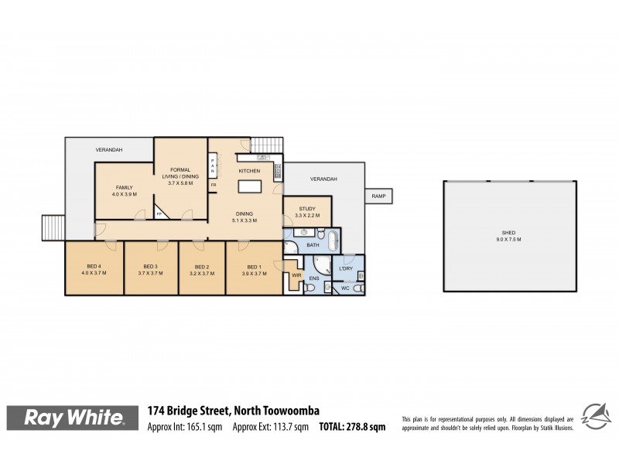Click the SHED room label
pos(508,234)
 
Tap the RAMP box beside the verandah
pos(378,196)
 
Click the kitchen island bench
pos(249,186)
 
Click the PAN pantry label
pos(213,165)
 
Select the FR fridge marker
pos(213,186)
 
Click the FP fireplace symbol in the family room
pos(160,213)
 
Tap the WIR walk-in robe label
pos(296,274)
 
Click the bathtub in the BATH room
pos(333,241)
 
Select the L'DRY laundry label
pos(346,268)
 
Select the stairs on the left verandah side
pos(52,228)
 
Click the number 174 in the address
pos(157,411)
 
